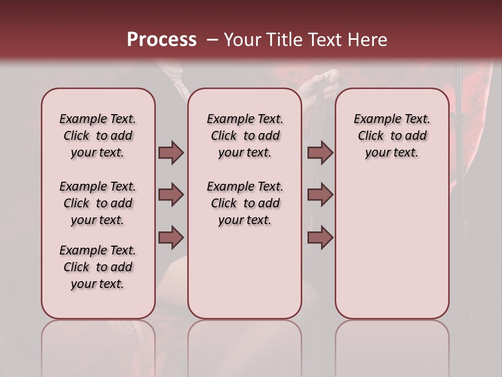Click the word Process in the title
(162, 40)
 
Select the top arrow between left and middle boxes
(171, 152)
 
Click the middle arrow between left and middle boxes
(171, 195)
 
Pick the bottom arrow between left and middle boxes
(171, 238)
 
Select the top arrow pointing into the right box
(320, 152)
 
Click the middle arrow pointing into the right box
(320, 195)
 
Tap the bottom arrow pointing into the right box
(320, 238)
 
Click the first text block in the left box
(98, 136)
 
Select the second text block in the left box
(98, 203)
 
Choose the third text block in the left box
(98, 267)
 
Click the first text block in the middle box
(245, 136)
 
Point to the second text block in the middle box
(245, 203)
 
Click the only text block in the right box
(392, 136)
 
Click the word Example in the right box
(374, 119)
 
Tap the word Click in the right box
(371, 136)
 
